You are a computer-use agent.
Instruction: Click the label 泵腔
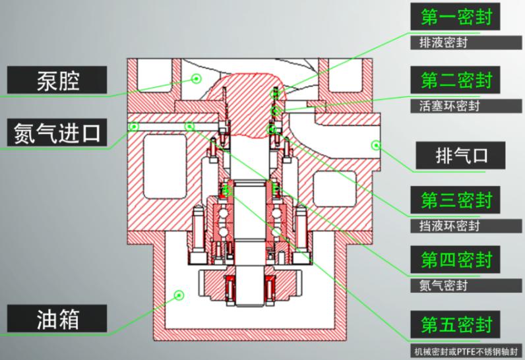tap(57, 80)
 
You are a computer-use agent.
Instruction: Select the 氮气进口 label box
tap(57, 133)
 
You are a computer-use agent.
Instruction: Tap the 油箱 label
tap(57, 318)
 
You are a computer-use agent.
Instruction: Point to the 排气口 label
tap(460, 156)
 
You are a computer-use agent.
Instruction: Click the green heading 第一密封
tap(455, 16)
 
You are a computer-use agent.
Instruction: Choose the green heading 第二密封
tap(455, 80)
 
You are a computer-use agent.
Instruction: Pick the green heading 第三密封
tap(455, 200)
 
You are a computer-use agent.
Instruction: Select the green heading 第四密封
tap(455, 260)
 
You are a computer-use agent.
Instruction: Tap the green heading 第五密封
tap(455, 324)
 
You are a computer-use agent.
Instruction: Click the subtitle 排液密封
tap(443, 43)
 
